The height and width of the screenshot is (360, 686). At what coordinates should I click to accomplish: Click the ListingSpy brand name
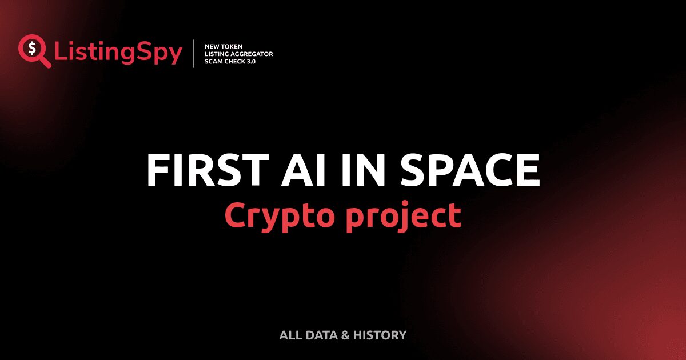[x=118, y=53]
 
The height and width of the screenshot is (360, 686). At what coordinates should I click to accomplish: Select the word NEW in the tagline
[x=213, y=46]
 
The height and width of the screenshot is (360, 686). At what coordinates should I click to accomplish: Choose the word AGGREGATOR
[x=254, y=54]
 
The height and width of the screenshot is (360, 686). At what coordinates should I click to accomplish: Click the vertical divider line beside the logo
[x=194, y=54]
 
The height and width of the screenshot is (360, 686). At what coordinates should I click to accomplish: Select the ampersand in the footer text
[x=345, y=335]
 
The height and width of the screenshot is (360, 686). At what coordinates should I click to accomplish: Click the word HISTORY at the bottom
[x=380, y=335]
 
